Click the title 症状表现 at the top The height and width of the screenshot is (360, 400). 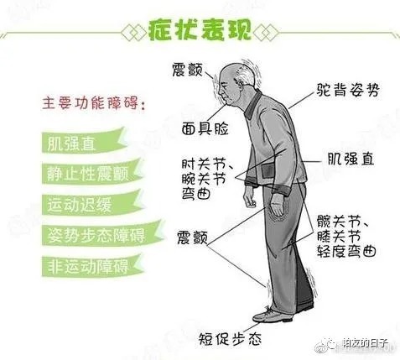(x=199, y=31)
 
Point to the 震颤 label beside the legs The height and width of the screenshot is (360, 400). (x=195, y=237)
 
